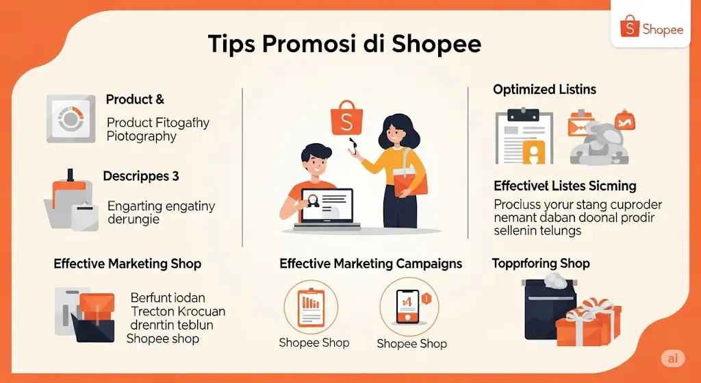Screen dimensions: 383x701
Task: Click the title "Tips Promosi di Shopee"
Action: click(x=344, y=45)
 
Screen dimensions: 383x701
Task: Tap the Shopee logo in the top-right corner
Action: click(x=651, y=29)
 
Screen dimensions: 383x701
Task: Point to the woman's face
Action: click(x=394, y=133)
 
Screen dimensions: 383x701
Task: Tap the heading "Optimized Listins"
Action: click(x=544, y=90)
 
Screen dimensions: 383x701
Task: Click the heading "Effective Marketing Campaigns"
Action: click(x=370, y=264)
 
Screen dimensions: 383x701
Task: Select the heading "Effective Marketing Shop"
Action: click(x=127, y=264)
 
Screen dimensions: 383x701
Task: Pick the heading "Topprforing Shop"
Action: click(x=540, y=264)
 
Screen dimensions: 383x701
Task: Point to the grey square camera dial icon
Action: click(x=71, y=119)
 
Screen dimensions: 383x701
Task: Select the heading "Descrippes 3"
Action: click(x=141, y=176)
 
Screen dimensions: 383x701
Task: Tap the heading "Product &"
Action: click(x=135, y=100)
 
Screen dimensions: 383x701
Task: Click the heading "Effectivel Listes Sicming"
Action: click(x=565, y=186)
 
